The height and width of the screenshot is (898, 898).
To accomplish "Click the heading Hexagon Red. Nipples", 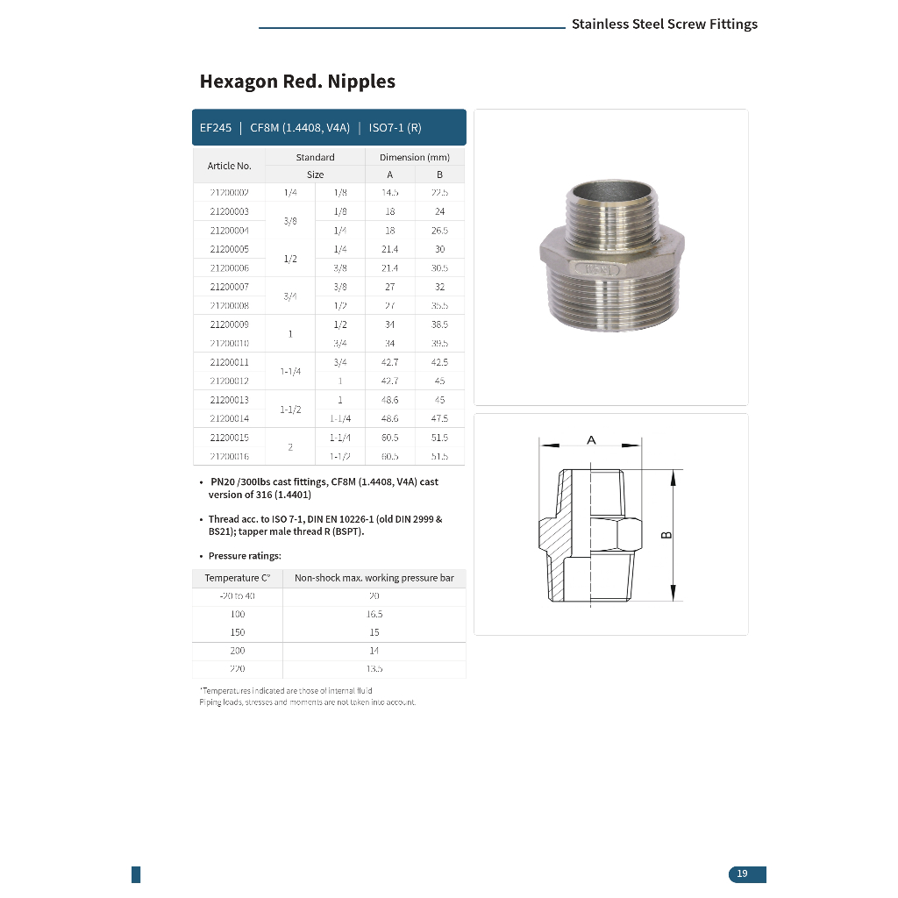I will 297,82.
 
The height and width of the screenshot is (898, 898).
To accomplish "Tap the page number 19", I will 743,873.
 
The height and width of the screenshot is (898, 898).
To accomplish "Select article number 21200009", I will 229,324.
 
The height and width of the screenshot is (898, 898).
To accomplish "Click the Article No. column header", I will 229,166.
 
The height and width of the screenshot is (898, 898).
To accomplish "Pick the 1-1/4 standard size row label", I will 290,371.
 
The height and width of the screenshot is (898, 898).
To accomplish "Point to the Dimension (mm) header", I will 414,158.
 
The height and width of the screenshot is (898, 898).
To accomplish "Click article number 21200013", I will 229,400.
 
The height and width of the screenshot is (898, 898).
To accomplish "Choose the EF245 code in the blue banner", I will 216,128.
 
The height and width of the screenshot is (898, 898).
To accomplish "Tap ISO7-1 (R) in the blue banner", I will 395,128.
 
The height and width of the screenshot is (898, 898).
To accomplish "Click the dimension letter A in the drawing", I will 591,440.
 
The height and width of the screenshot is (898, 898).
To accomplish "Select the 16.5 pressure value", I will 374,614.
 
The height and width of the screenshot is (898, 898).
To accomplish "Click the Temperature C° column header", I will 238,578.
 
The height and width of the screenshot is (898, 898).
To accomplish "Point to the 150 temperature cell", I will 238,632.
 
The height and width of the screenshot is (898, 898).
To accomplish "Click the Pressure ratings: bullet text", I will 245,556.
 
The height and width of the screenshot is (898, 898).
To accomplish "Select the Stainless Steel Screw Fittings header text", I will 664,25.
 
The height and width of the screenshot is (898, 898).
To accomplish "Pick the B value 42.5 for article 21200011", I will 439,362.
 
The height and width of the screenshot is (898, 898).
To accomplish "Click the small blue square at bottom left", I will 136,874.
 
